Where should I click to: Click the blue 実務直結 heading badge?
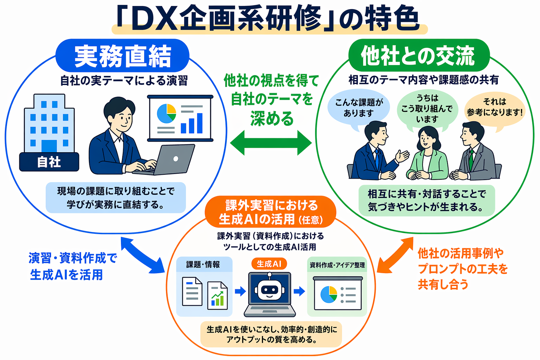click(122, 56)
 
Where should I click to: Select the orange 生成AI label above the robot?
click(269, 264)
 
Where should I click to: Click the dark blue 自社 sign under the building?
click(49, 162)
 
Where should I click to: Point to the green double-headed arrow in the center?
click(271, 143)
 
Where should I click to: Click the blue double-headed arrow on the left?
click(142, 255)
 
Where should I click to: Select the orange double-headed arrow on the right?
click(395, 255)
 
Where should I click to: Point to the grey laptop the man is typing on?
click(172, 160)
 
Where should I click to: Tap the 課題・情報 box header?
click(204, 264)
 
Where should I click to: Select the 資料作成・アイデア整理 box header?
click(337, 265)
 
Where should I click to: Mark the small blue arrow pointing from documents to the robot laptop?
click(240, 291)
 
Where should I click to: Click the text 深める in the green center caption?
click(271, 119)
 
